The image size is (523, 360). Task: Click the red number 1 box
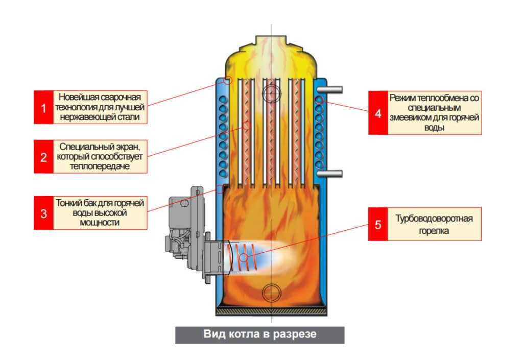(43, 107)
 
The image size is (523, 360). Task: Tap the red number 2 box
(43, 156)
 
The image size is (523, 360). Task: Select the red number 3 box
(43, 211)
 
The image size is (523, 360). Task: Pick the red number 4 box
(378, 113)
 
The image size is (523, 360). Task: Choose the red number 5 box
(378, 225)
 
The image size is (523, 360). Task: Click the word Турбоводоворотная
(434, 219)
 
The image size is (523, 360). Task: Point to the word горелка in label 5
(434, 231)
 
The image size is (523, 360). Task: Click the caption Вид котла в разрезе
(259, 335)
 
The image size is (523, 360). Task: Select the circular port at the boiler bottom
(271, 293)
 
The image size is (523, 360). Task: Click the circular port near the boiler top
(271, 93)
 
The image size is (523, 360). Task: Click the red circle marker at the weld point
(228, 80)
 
